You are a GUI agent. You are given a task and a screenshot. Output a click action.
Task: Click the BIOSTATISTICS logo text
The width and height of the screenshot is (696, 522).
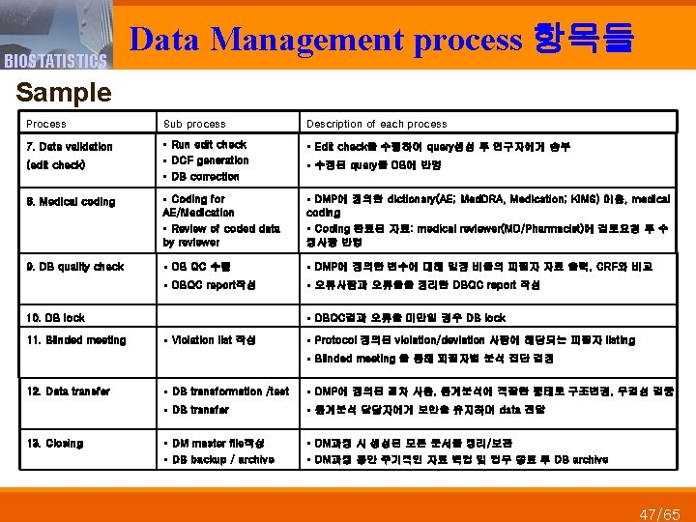point(54,62)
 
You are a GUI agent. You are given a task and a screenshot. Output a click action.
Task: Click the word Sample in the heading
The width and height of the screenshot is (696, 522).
point(64,93)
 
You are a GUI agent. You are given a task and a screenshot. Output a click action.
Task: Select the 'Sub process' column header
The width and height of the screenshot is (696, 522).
point(193,124)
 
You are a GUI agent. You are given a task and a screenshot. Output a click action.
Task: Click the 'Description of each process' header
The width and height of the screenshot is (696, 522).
point(376,124)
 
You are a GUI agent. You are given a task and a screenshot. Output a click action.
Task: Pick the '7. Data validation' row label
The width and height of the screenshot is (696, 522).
point(69,147)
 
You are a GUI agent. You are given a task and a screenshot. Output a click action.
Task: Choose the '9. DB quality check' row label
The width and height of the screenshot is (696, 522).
point(74,267)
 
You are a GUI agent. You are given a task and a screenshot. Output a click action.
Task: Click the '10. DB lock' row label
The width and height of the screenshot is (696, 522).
point(55,318)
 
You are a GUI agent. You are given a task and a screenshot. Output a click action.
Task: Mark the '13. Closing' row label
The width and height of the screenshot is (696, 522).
point(54,444)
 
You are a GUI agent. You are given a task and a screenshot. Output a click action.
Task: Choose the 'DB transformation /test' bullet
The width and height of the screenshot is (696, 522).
point(229,391)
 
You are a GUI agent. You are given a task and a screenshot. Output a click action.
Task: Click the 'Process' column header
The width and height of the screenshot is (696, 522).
point(46,124)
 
